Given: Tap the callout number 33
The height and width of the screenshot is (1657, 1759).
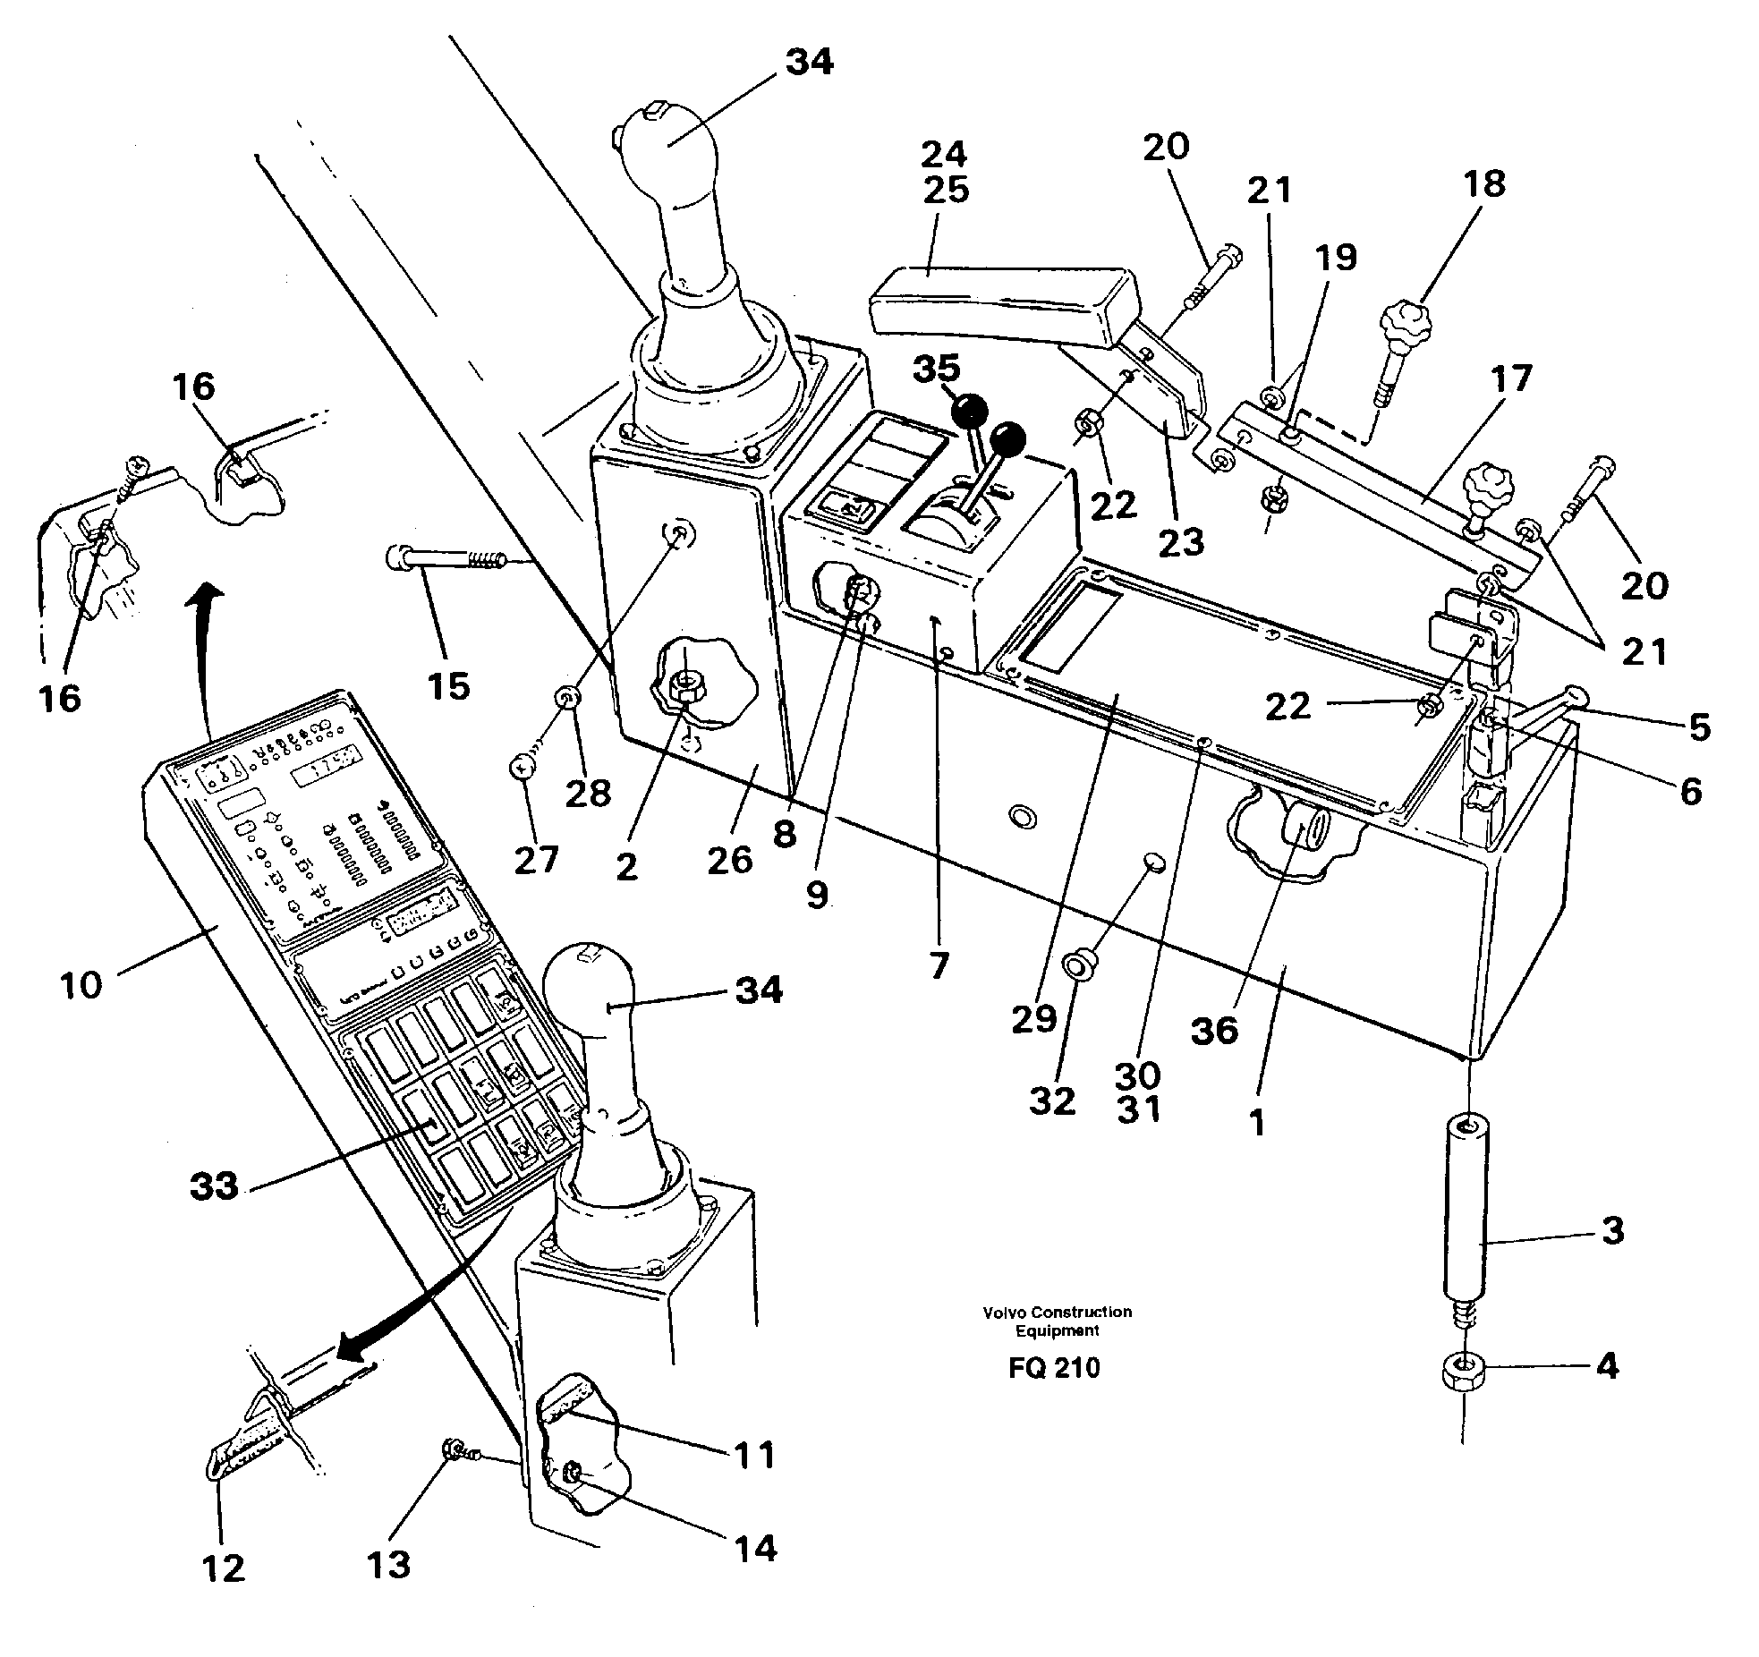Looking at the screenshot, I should tap(215, 1186).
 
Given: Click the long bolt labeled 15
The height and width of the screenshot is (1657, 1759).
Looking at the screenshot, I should tap(447, 560).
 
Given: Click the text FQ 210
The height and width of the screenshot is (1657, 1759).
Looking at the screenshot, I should tap(1054, 1368).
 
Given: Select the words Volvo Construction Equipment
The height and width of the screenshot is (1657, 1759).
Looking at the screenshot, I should tap(1057, 1321).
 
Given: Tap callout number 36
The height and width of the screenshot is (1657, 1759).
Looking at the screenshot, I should tap(1214, 1030).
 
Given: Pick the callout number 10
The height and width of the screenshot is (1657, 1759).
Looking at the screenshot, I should tap(81, 985).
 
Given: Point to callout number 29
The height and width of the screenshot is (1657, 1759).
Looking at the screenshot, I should tap(1034, 1018).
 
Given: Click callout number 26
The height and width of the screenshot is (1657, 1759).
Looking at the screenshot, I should tap(730, 860).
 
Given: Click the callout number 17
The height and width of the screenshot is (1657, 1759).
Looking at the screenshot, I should tap(1511, 379).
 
